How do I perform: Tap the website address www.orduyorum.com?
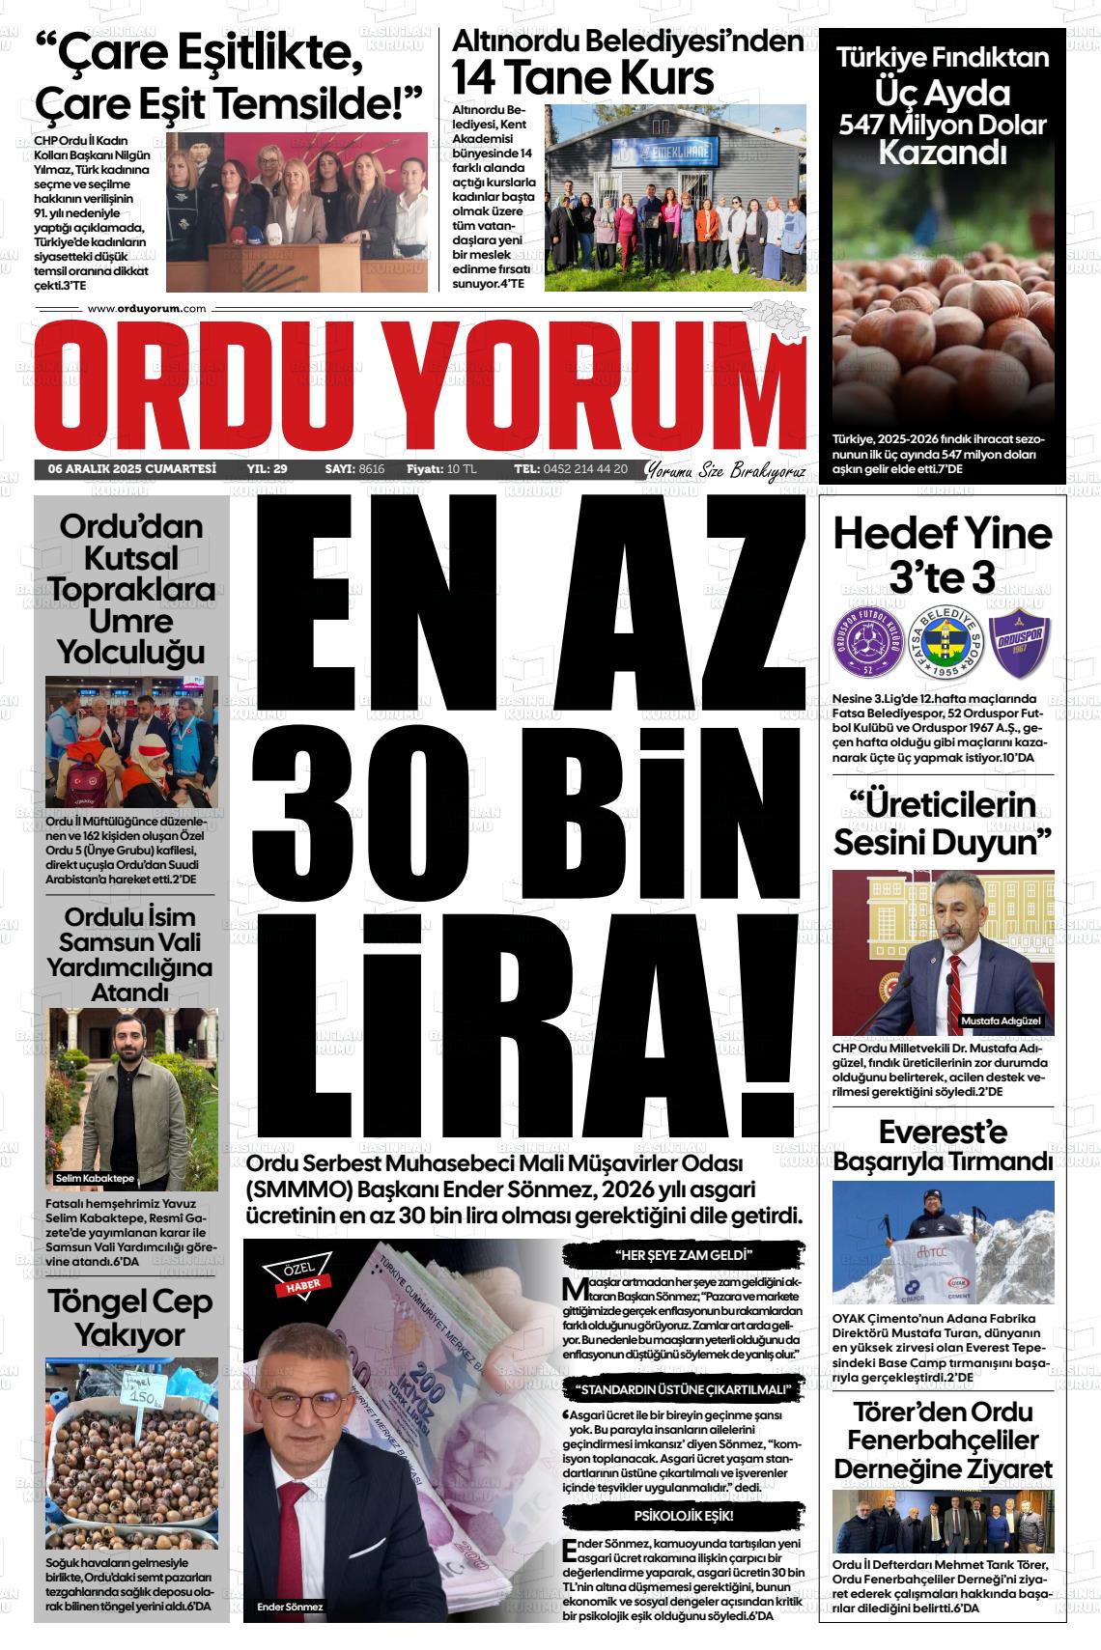pyautogui.click(x=147, y=308)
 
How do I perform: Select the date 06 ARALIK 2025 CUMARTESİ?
pyautogui.click(x=132, y=469)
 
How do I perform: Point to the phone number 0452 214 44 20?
pyautogui.click(x=585, y=469)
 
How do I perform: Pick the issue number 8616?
pyautogui.click(x=371, y=469)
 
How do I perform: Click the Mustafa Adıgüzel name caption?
pyautogui.click(x=1001, y=1021)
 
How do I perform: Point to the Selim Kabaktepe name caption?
pyautogui.click(x=96, y=1179)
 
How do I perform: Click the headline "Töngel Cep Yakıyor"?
pyautogui.click(x=130, y=1318)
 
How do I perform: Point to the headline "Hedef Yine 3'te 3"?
pyautogui.click(x=942, y=555)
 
